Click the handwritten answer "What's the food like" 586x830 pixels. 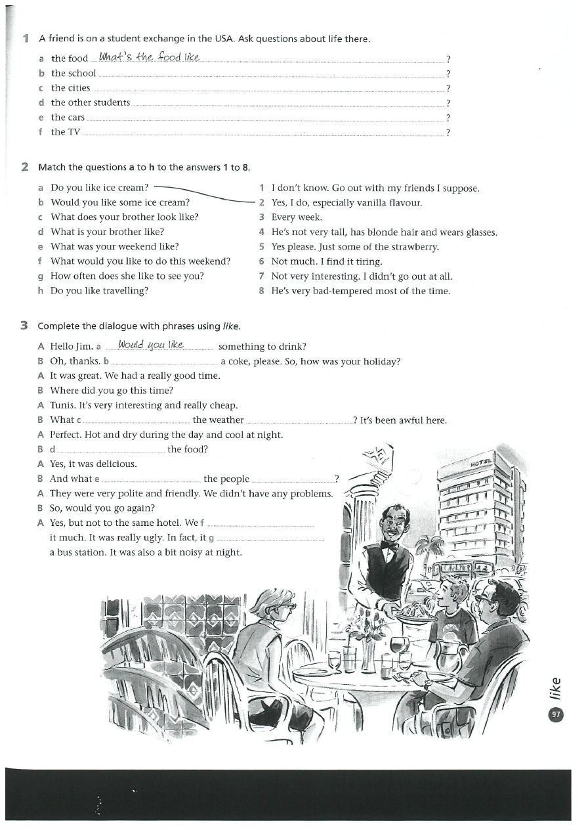[148, 57]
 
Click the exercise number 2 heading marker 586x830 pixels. [24, 167]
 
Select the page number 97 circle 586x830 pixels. [556, 714]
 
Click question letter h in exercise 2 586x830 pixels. [41, 291]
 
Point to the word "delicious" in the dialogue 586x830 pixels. [115, 464]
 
